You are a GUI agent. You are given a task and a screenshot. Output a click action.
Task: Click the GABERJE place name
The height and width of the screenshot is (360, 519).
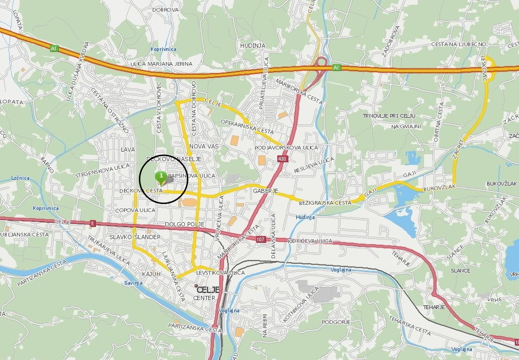266,190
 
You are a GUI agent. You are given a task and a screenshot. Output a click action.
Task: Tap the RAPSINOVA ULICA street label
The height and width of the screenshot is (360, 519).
192,175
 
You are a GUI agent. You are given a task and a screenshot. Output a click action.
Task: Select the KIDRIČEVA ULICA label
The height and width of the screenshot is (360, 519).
310,241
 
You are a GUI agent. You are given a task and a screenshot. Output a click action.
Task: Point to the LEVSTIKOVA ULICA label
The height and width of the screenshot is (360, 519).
223,273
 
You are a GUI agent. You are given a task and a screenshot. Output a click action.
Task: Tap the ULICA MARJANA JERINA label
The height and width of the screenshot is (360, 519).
161,64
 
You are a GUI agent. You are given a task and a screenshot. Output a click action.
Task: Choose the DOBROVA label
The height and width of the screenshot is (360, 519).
164,10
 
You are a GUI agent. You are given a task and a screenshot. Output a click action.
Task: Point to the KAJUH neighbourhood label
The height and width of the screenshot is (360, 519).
151,274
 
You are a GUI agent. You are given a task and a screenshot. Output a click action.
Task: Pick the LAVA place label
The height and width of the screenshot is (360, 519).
128,150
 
